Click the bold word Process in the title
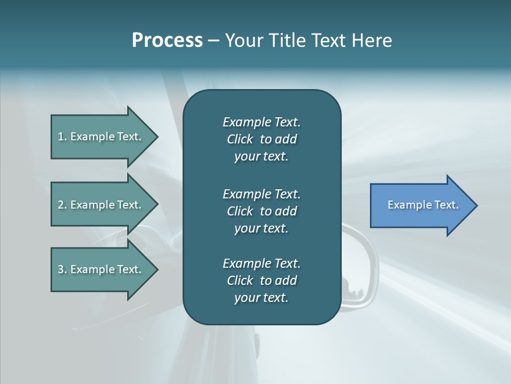point(167,41)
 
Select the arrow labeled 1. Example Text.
point(101,137)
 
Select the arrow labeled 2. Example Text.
point(101,205)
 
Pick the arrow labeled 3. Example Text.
point(101,269)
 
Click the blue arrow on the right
point(421,205)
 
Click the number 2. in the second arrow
point(62,205)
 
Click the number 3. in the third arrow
point(62,269)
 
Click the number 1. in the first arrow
point(62,137)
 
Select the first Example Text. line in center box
point(261,122)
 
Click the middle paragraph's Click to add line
point(261,211)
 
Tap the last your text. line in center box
point(261,298)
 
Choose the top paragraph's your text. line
point(261,157)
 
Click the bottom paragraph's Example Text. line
point(261,263)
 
